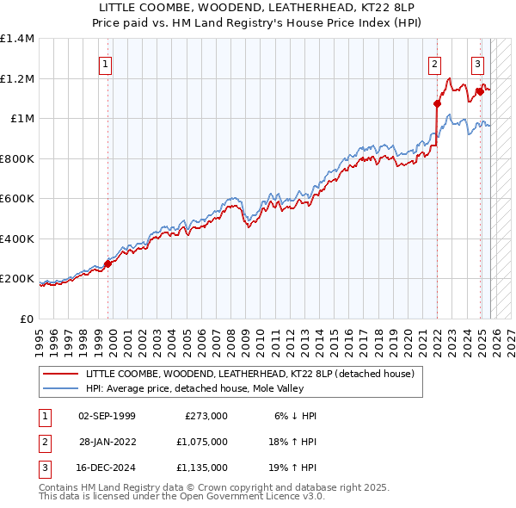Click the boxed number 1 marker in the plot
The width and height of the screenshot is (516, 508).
pyautogui.click(x=105, y=63)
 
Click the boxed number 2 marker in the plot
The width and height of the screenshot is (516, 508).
pyautogui.click(x=435, y=63)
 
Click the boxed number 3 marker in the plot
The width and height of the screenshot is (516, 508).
pyautogui.click(x=477, y=63)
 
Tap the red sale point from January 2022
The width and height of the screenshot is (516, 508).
pyautogui.click(x=437, y=104)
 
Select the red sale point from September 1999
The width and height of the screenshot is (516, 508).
pyautogui.click(x=108, y=264)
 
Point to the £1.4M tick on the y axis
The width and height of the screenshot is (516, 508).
pyautogui.click(x=17, y=39)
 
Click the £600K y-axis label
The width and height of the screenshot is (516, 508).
pyautogui.click(x=17, y=199)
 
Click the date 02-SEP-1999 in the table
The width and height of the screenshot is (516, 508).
pyautogui.click(x=107, y=416)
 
